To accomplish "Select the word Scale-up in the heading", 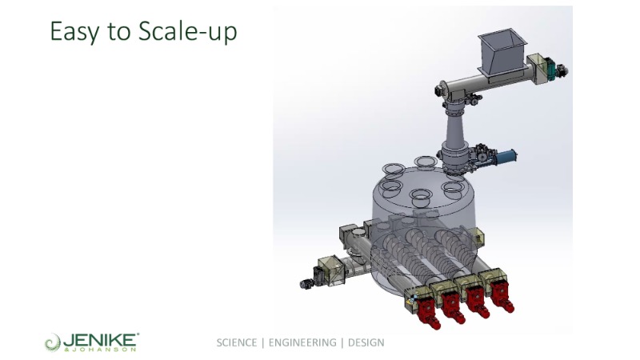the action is tap(187, 31).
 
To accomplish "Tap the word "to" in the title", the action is tap(118, 32).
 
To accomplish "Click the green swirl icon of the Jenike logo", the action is tap(53, 342).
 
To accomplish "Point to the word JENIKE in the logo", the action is tap(101, 339).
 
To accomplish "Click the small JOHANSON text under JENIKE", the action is tap(101, 350).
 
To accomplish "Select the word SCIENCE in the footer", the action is tap(237, 342).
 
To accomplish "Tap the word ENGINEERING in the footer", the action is tap(302, 342).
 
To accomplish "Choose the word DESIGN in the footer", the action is tap(366, 342).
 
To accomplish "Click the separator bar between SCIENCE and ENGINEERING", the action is tap(263, 342).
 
